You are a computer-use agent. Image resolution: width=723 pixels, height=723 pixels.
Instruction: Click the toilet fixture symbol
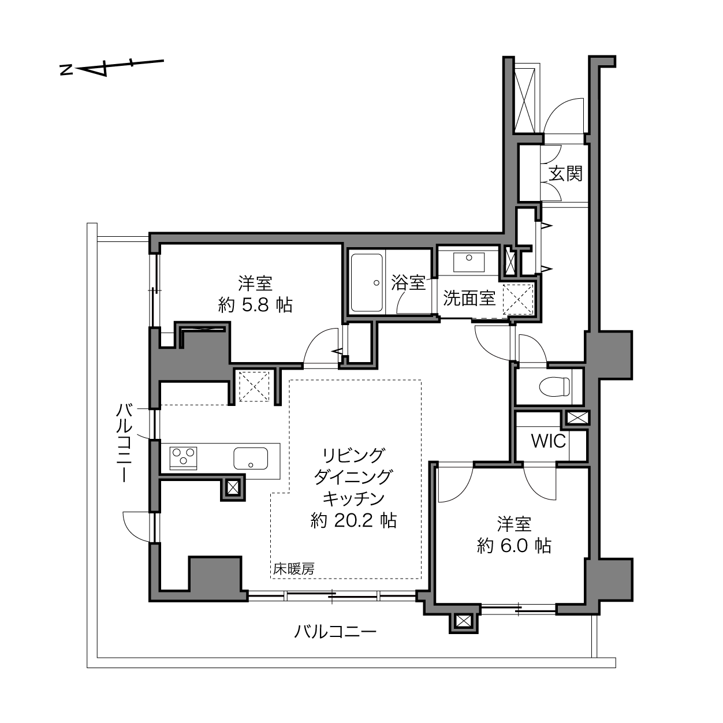(554, 386)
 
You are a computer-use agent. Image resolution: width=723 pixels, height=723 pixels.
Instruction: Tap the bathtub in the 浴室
(366, 282)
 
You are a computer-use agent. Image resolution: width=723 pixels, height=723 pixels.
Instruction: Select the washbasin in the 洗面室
(468, 262)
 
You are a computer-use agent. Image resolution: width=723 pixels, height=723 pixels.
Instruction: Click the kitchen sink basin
(251, 458)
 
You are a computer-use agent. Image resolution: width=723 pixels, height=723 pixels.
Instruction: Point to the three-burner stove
(184, 458)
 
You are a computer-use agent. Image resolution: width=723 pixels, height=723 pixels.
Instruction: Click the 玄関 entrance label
(566, 174)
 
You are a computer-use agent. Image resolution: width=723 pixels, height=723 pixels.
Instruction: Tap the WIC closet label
(548, 441)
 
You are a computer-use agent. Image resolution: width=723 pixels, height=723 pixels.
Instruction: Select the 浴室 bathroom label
(409, 282)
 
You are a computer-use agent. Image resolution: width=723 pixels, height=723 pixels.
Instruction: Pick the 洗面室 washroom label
(469, 298)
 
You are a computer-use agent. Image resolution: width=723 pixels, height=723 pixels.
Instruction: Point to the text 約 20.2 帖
(353, 521)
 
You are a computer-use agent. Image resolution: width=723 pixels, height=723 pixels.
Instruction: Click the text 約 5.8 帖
(255, 305)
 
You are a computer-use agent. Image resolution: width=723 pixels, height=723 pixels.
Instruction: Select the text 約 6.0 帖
(515, 546)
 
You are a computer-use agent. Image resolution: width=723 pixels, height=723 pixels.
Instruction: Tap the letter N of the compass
(66, 70)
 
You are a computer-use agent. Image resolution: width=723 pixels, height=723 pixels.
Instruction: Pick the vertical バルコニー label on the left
(124, 443)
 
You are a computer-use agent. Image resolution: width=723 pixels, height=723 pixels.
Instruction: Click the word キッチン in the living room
(353, 498)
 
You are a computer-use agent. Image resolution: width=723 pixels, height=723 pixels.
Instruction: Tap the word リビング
(353, 455)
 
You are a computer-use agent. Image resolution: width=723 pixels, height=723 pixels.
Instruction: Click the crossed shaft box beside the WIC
(577, 418)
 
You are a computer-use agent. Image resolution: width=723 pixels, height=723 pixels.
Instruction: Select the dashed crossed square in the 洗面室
(518, 299)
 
